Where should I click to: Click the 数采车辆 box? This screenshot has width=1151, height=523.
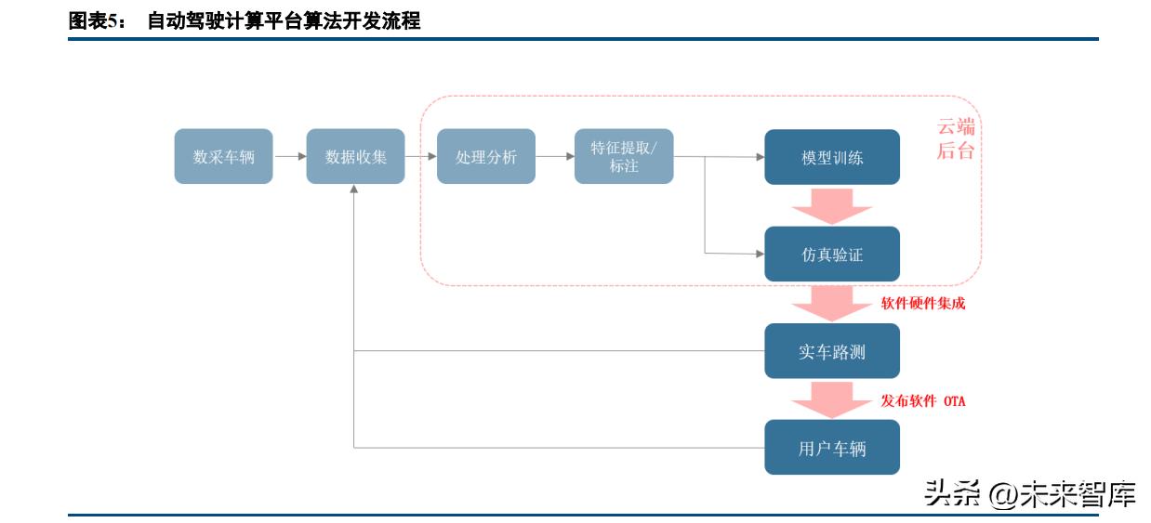223,156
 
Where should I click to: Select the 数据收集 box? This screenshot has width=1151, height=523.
355,156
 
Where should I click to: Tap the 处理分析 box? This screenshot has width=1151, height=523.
485,156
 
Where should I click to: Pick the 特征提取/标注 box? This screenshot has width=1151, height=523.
623,156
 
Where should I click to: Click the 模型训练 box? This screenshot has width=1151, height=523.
832,157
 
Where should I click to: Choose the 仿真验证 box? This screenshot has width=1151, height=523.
832,254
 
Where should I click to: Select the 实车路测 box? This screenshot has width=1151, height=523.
832,351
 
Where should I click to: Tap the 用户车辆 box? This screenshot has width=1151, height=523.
832,448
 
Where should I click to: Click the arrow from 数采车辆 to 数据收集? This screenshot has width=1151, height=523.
290,156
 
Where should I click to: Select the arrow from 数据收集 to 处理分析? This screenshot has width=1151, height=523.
421,156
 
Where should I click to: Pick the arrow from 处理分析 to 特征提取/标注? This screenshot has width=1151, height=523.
555,156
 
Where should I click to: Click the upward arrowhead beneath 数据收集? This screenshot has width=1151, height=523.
354,190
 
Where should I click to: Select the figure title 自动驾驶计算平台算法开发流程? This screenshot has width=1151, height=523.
284,21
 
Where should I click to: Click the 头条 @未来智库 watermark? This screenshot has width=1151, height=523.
1029,493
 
